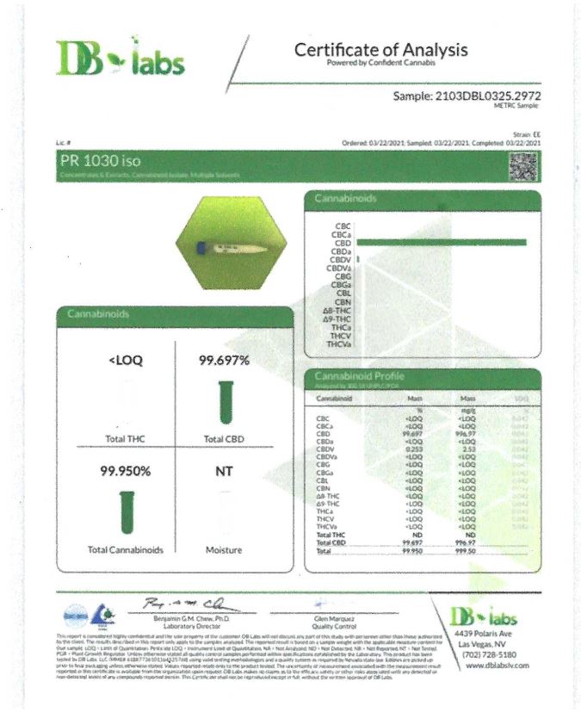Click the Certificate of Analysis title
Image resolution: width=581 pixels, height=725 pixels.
(380, 50)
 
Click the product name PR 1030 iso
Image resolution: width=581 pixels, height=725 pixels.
(100, 160)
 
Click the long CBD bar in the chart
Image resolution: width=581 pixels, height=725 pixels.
(441, 242)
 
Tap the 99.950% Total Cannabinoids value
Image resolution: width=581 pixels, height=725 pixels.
(126, 472)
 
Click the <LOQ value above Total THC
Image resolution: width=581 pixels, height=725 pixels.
(126, 361)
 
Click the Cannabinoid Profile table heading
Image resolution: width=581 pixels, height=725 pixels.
(360, 376)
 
